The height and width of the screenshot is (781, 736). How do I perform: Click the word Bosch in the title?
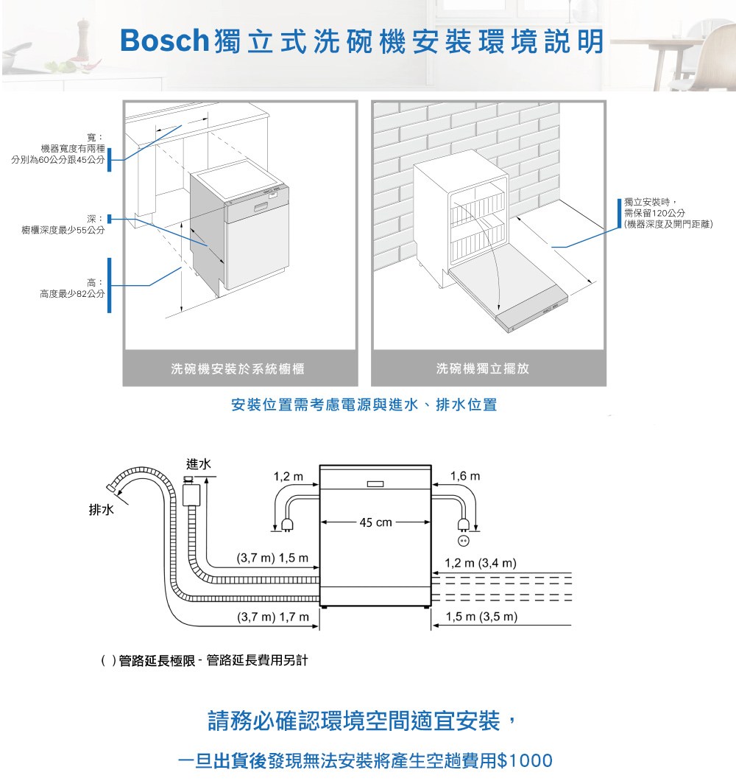pyautogui.click(x=164, y=41)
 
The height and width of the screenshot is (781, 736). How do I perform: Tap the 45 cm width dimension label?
pyautogui.click(x=375, y=522)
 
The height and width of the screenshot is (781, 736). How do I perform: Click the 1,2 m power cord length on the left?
pyautogui.click(x=288, y=477)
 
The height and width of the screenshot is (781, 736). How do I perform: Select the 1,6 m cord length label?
pyautogui.click(x=465, y=476)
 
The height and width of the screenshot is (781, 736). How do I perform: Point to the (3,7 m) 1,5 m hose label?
pyautogui.click(x=272, y=558)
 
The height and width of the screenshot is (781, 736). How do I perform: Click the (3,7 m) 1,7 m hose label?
pyautogui.click(x=273, y=617)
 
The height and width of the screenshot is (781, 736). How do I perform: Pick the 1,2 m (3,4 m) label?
pyautogui.click(x=480, y=563)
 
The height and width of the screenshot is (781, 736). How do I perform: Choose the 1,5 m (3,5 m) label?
pyautogui.click(x=481, y=617)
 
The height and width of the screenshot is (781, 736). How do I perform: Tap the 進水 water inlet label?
pyautogui.click(x=199, y=464)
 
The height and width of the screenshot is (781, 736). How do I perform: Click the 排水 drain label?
pyautogui.click(x=101, y=510)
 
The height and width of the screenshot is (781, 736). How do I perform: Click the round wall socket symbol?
pyautogui.click(x=463, y=540)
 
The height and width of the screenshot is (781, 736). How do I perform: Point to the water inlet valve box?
pyautogui.click(x=191, y=494)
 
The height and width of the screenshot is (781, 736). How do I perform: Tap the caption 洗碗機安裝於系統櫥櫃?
pyautogui.click(x=238, y=369)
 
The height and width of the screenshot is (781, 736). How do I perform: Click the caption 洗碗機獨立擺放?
pyautogui.click(x=483, y=368)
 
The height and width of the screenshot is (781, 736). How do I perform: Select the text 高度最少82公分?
pyautogui.click(x=73, y=294)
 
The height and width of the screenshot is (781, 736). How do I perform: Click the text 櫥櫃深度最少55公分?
pyautogui.click(x=63, y=230)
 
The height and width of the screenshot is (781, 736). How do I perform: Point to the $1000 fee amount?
pyautogui.click(x=525, y=760)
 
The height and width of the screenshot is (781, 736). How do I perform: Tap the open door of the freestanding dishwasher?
pyautogui.click(x=508, y=289)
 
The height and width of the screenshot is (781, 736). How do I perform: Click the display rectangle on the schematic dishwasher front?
pyautogui.click(x=375, y=484)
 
